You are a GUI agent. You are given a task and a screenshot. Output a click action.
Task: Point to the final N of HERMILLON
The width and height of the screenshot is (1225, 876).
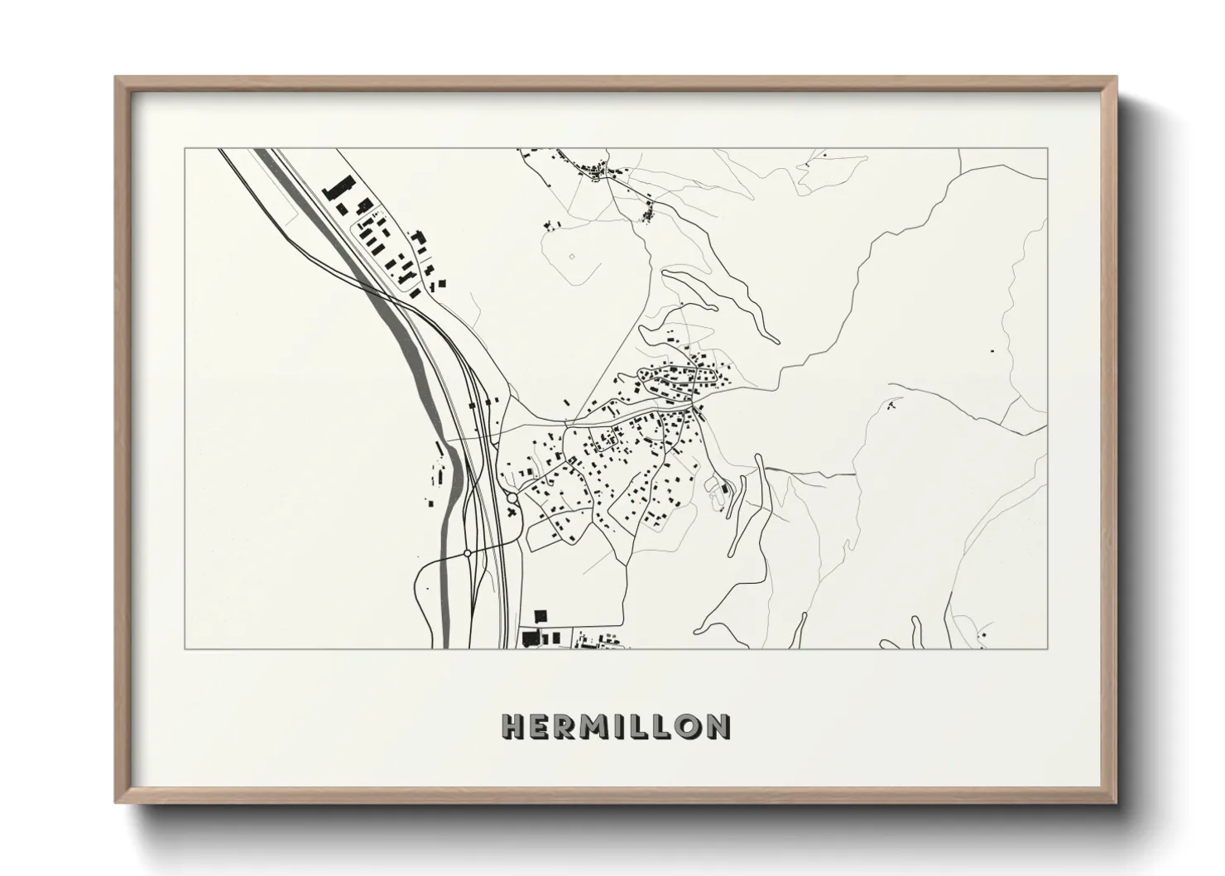(x=718, y=726)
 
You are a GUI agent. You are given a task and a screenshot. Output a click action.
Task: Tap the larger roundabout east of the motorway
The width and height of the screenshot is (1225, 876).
(x=512, y=498)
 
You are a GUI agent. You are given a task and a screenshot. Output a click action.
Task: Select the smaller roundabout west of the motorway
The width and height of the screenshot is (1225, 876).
(x=468, y=552)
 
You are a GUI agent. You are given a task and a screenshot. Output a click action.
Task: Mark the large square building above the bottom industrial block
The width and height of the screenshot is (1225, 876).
(x=541, y=616)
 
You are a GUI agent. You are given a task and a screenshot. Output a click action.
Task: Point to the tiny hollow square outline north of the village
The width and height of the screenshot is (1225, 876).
(x=571, y=256)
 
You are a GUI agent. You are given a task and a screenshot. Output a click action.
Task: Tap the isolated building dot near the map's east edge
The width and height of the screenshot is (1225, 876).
(x=992, y=351)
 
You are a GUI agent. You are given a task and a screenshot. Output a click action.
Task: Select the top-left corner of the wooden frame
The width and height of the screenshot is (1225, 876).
(x=117, y=78)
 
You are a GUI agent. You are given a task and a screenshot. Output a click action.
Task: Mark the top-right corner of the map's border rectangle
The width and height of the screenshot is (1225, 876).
(x=1047, y=149)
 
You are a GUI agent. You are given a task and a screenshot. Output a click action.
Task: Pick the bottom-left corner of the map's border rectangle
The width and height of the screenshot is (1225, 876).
(x=184, y=648)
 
